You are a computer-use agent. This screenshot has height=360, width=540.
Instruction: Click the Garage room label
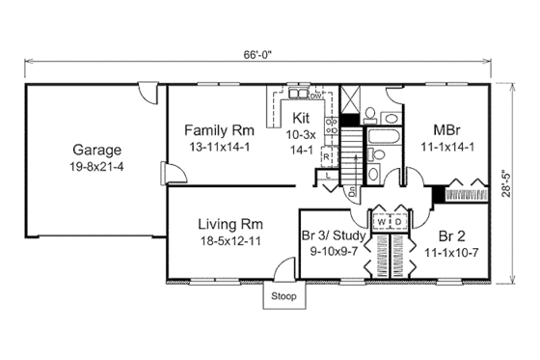pyautogui.click(x=95, y=150)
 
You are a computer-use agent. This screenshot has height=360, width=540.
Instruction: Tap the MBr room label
pyautogui.click(x=445, y=129)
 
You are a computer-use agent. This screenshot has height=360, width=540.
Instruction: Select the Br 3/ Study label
pyautogui.click(x=333, y=235)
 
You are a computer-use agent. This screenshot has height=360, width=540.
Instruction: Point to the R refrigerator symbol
pyautogui.click(x=327, y=155)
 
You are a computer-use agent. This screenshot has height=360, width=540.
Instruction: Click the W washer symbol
pyautogui.click(x=383, y=221)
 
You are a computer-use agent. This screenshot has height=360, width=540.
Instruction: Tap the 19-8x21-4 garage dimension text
pyautogui.click(x=95, y=166)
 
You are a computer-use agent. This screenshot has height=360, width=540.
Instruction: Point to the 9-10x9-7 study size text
pyautogui.click(x=332, y=250)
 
